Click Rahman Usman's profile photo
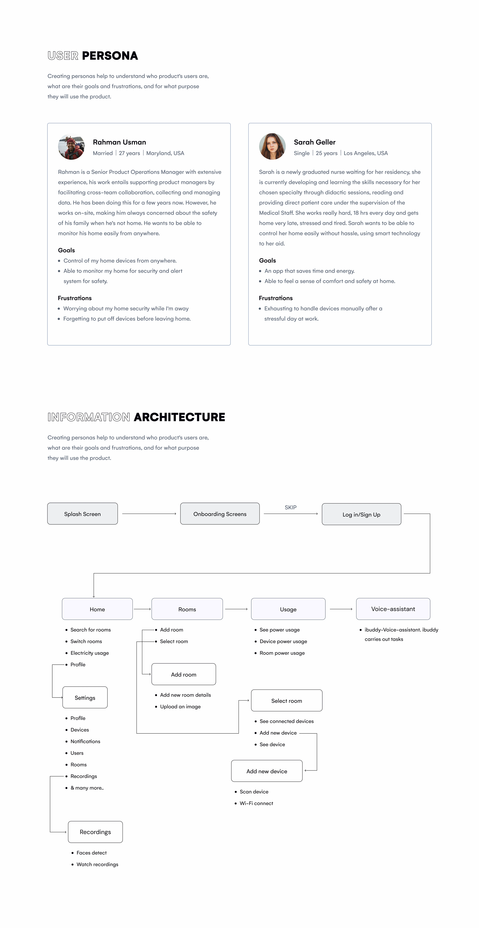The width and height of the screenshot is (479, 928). click(71, 147)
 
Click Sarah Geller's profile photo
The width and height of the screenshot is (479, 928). click(272, 147)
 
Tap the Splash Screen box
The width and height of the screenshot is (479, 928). click(83, 514)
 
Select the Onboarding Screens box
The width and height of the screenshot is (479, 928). click(220, 514)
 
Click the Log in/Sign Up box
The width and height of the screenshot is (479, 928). click(361, 514)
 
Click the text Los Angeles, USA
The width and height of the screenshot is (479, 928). click(366, 153)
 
